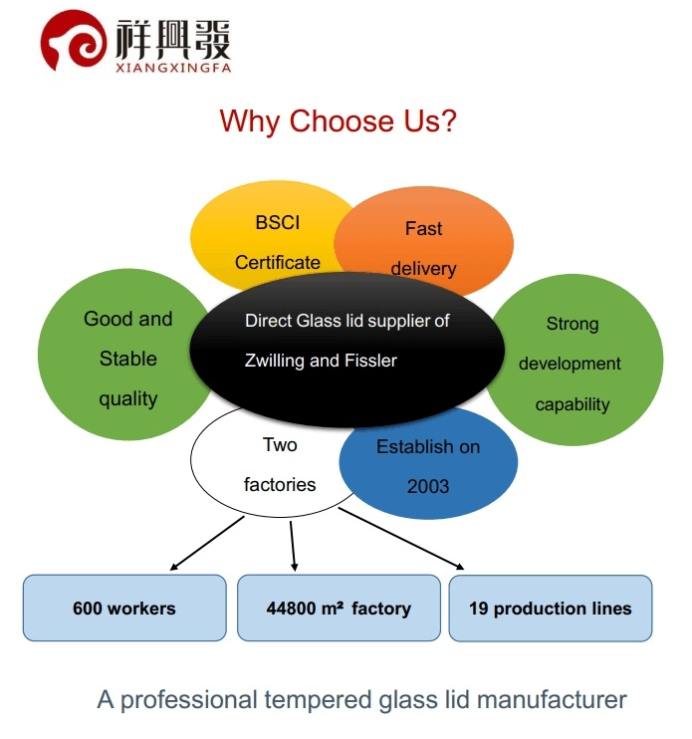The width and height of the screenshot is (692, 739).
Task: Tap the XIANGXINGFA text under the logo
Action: (x=174, y=68)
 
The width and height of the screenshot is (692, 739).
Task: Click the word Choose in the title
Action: (x=342, y=122)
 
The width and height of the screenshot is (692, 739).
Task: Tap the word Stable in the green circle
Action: (x=128, y=359)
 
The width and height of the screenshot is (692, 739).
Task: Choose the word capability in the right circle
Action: (x=573, y=404)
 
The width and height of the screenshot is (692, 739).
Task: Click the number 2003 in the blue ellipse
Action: (x=428, y=486)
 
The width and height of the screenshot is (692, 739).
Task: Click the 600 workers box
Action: (x=124, y=608)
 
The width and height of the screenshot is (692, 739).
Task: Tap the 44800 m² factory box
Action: (x=339, y=608)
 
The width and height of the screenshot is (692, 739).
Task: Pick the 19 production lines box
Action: (x=551, y=608)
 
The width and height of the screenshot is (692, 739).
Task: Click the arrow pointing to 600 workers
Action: (x=207, y=544)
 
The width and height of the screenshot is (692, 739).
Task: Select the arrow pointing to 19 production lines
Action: (x=401, y=539)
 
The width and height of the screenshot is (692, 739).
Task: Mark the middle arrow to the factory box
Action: (x=293, y=546)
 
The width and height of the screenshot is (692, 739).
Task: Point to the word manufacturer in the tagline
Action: (x=552, y=700)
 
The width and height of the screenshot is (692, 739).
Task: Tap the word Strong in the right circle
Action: (x=573, y=325)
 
